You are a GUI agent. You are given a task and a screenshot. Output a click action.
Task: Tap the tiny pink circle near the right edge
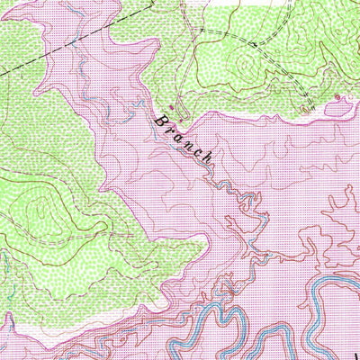click(337, 95)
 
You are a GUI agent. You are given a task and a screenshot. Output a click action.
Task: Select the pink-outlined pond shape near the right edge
click(335, 107)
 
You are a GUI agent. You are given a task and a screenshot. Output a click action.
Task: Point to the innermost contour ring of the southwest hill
click(40, 211)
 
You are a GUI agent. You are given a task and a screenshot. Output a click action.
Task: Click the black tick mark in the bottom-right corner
click(354, 346)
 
